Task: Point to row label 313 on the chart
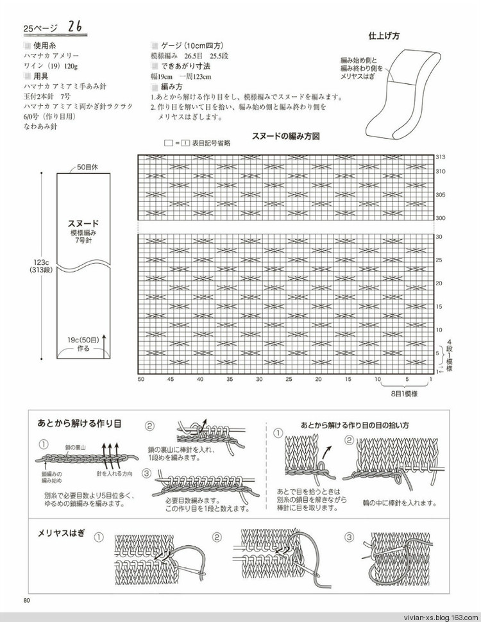(441, 157)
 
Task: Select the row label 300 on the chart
(441, 218)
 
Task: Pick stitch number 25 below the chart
(289, 380)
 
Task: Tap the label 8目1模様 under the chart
(407, 394)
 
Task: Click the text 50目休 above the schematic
(87, 167)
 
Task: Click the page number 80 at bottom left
(26, 600)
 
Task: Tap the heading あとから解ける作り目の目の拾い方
(355, 425)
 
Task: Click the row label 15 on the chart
(439, 307)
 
